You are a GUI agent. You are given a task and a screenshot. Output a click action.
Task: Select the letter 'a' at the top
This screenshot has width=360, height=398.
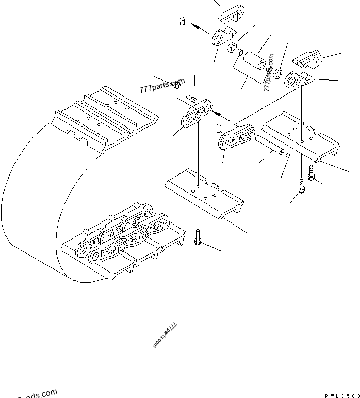(182, 21)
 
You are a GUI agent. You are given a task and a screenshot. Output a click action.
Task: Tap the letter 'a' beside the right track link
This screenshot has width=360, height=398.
(219, 127)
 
